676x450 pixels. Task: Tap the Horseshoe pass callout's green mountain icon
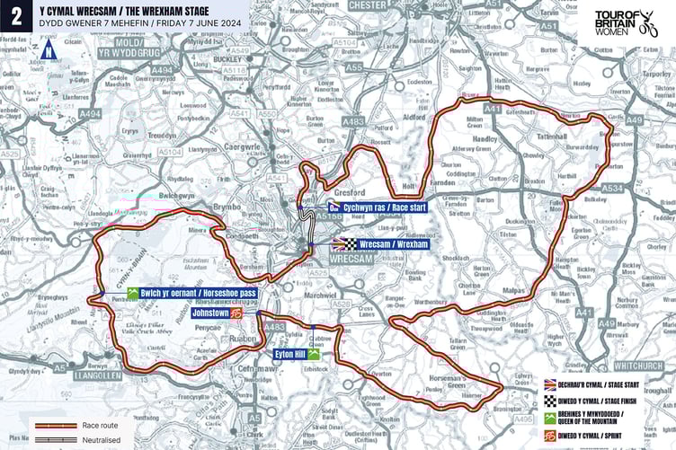click(133, 294)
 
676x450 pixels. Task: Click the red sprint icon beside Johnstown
click(236, 315)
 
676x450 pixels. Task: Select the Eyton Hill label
click(289, 355)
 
